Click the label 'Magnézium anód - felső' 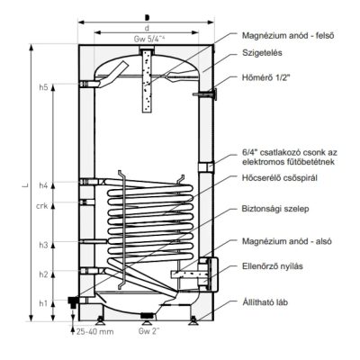coord(288,35)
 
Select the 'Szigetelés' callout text coord(262,53)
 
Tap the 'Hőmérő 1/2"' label coord(266,77)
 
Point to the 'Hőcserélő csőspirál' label coord(279,177)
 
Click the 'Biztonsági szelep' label coord(275,209)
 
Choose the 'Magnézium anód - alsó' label coord(287,241)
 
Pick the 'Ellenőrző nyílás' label coord(273,266)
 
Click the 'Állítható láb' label coord(265,301)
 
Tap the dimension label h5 coord(43,87)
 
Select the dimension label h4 coord(43,185)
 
